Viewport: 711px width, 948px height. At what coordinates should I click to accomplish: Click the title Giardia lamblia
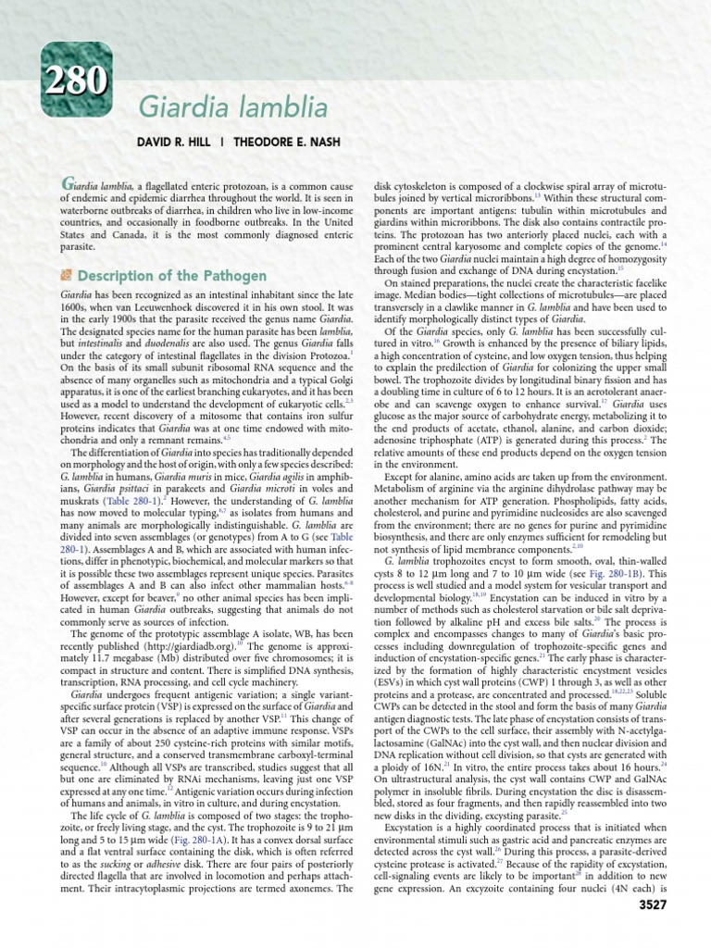click(233, 108)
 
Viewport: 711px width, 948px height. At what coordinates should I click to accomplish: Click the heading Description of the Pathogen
click(172, 276)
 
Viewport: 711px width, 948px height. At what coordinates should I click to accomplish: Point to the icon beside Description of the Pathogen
click(67, 276)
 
